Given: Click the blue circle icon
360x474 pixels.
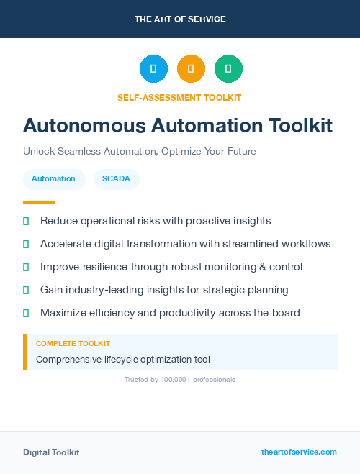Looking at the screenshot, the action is click(153, 69).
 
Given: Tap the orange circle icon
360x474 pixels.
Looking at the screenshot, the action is click(191, 69).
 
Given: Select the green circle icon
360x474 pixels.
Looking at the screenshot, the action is click(228, 69).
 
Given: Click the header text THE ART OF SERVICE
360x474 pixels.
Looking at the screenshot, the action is click(180, 19).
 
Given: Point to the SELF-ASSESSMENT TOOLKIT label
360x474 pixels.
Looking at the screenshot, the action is click(179, 97).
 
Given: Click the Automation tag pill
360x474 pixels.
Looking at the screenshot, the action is click(53, 178).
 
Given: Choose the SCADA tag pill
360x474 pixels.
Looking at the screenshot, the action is click(116, 178).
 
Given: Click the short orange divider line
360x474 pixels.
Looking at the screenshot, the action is click(39, 202).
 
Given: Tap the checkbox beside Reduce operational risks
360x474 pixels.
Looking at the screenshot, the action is click(26, 221).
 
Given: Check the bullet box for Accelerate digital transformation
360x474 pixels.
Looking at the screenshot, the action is click(26, 244).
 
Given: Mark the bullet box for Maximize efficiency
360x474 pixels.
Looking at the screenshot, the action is click(26, 313).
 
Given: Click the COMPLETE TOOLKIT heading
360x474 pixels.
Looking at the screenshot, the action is click(73, 344).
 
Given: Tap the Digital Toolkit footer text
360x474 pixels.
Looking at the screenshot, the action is click(51, 452).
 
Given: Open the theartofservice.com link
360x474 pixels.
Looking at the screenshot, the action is click(299, 452).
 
